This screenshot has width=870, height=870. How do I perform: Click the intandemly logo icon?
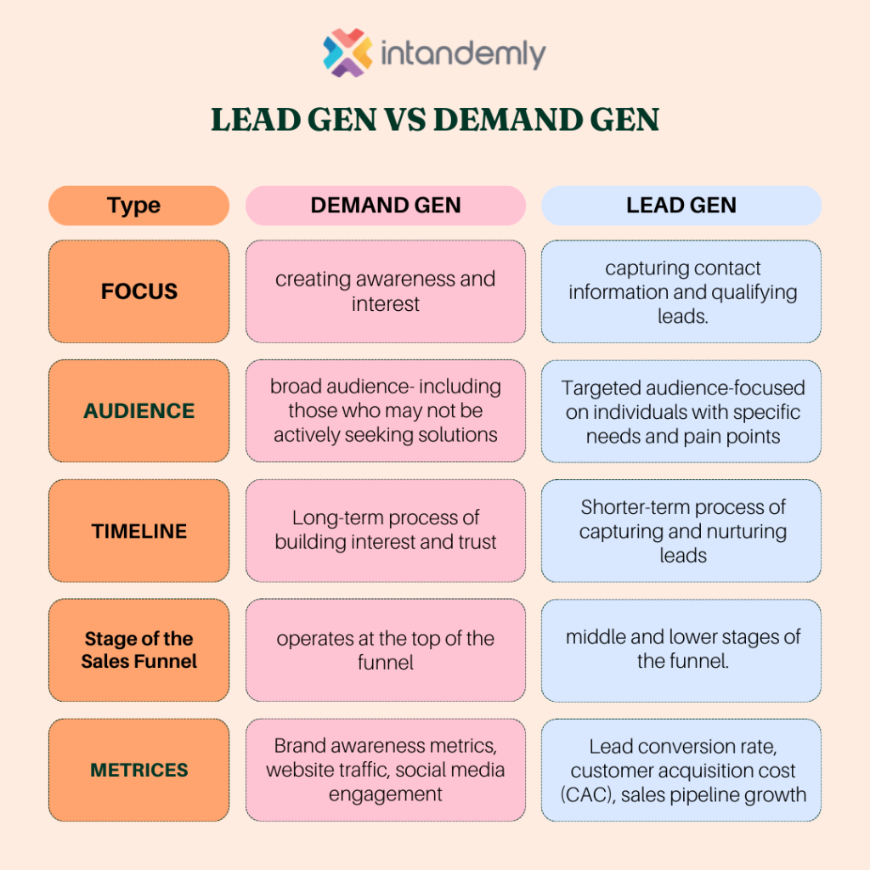coord(347,53)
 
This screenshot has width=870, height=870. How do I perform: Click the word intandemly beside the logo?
coord(463,54)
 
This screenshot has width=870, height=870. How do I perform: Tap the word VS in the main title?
coord(405,119)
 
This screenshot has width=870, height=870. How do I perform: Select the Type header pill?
coord(138,206)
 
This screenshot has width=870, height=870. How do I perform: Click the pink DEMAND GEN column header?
coord(386,206)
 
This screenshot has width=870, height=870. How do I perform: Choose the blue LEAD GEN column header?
coord(681,206)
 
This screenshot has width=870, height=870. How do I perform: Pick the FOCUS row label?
coord(138,291)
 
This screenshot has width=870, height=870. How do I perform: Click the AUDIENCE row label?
coord(138,410)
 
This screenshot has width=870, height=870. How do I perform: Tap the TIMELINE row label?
coord(138,531)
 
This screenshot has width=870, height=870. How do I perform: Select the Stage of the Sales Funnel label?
coord(138,650)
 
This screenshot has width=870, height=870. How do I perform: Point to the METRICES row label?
coord(138,770)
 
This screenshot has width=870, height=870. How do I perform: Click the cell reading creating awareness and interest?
coord(386,291)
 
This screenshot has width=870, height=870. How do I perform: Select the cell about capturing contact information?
coord(681,291)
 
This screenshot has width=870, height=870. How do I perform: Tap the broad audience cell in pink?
coord(386,410)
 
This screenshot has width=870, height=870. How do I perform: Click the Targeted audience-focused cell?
coord(681,411)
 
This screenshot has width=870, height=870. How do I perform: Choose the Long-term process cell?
coord(386,531)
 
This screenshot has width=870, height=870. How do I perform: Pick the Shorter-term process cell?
coord(681,531)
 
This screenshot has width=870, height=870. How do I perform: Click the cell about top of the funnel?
coord(386,650)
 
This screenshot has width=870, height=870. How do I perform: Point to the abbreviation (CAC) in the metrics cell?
coord(588,795)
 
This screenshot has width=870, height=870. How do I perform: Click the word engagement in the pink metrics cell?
coord(386,794)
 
